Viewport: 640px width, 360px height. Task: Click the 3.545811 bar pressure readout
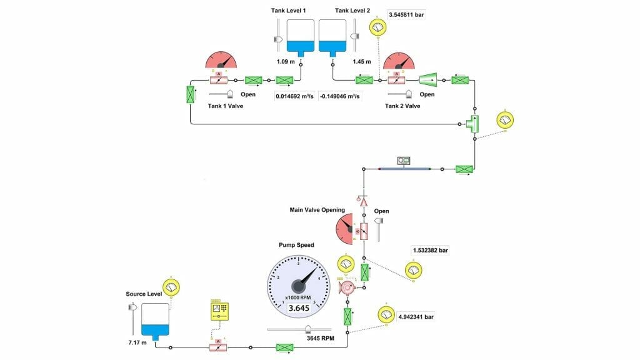[x=406, y=14]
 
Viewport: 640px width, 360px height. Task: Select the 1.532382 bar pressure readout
[x=431, y=251]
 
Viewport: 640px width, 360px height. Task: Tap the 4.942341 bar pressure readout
[x=416, y=317]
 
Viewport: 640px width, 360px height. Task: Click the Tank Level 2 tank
[x=332, y=36]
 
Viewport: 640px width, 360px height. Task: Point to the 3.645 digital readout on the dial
[x=298, y=308]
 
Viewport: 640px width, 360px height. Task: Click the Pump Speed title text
[x=296, y=245]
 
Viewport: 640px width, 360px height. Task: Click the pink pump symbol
[x=346, y=287]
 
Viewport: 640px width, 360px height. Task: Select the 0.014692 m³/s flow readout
[x=295, y=96]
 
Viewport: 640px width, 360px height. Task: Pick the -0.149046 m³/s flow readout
[x=341, y=96]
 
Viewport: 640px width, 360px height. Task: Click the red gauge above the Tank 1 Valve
[x=222, y=60]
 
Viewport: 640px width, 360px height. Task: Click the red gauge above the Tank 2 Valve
[x=399, y=61]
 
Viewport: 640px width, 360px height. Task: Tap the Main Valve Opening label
[x=317, y=210]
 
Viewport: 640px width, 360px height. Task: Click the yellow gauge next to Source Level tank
[x=171, y=287]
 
